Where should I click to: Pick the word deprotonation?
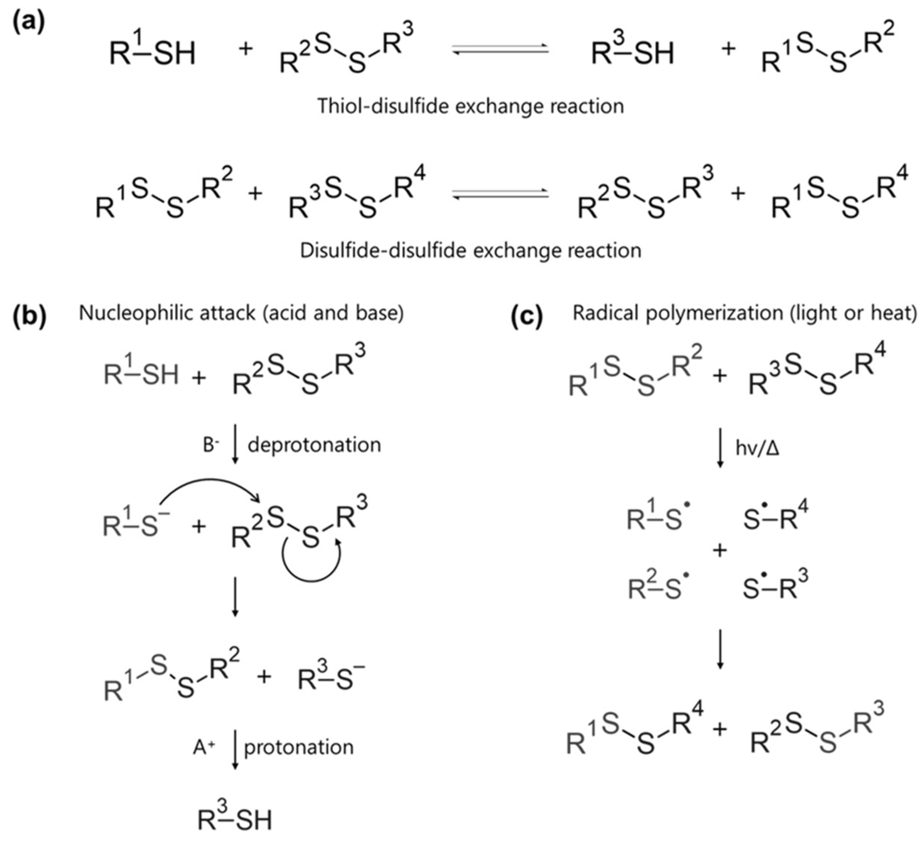314,444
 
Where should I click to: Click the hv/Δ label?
757,448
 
